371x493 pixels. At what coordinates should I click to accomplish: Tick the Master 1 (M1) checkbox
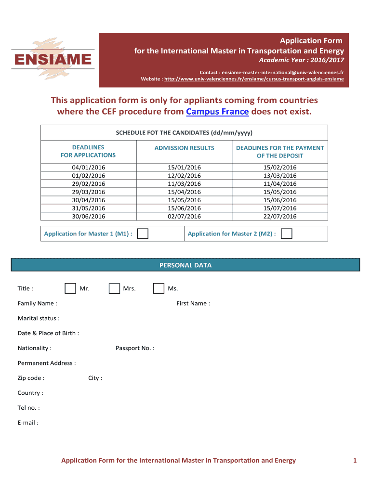pos(143,234)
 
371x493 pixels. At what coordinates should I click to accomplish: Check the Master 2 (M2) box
pos(286,234)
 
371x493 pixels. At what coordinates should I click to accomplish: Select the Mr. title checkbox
pos(70,288)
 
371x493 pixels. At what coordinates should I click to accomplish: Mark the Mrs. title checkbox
pos(114,288)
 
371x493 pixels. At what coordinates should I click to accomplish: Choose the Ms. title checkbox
pos(159,288)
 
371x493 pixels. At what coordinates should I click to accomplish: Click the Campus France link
pos(217,112)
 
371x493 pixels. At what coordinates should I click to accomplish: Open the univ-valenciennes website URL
pos(254,78)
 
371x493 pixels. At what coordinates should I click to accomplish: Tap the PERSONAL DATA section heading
pos(185,265)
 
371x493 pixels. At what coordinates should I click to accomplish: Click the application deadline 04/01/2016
pos(88,167)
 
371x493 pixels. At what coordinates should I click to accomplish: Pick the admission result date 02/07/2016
pos(184,216)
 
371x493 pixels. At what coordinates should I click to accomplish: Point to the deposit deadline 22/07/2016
pos(280,216)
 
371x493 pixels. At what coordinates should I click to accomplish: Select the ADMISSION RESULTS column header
pos(184,148)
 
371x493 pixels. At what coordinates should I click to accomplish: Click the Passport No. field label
pos(135,348)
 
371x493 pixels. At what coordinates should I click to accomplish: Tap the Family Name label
pos(37,303)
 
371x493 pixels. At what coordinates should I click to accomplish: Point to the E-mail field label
pos(28,423)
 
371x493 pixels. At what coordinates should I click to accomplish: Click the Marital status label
pos(39,318)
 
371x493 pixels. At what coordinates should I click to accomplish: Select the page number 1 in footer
pos(355,461)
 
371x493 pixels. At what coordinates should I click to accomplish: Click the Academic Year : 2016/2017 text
pos(302,60)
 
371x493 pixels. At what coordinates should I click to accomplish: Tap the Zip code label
pos(31,378)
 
